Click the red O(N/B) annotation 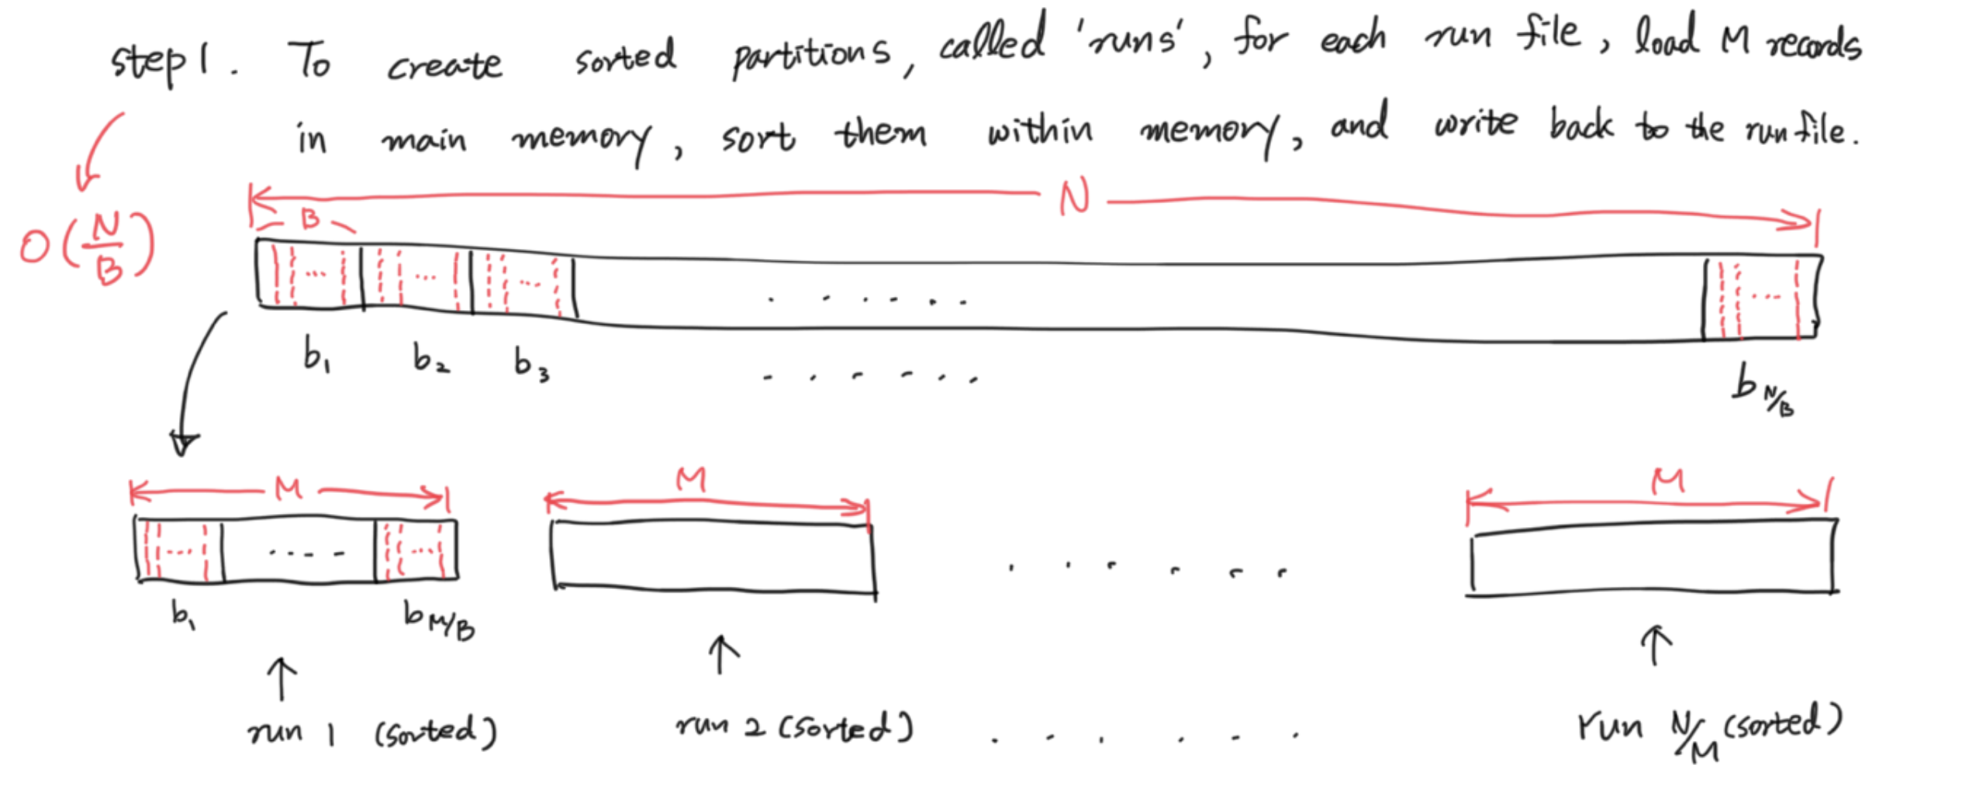87,248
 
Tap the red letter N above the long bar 1075,198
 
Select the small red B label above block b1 310,219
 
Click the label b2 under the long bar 430,359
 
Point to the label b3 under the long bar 531,363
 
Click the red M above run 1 288,488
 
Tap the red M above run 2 690,479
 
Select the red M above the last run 1667,482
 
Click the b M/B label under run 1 439,620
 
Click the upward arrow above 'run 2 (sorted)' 723,655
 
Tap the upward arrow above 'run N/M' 1656,645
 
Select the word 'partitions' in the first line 811,54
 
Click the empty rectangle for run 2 713,557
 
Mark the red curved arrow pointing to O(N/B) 101,151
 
